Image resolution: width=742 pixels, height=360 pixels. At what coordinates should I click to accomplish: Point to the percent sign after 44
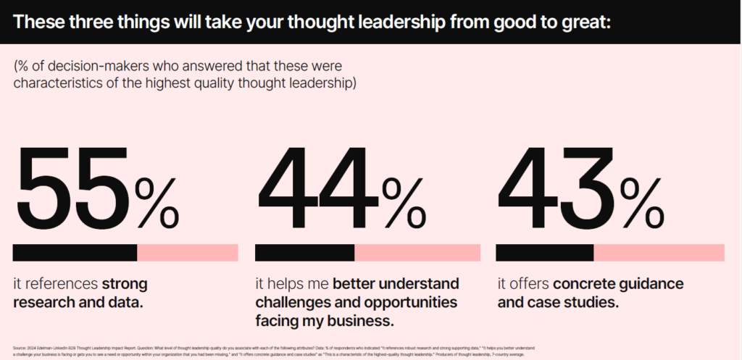401,202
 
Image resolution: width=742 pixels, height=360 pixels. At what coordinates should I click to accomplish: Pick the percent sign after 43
643,202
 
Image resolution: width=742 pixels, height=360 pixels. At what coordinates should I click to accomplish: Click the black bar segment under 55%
75,253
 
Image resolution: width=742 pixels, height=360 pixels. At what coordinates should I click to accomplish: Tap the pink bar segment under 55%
188,253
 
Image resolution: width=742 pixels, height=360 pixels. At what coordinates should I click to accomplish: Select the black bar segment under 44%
304,253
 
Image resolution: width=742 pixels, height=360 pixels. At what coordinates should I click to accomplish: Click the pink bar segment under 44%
417,253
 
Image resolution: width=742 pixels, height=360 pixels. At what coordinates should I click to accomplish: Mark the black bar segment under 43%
544,253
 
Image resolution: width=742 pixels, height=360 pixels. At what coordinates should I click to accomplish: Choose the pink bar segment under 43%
659,253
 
